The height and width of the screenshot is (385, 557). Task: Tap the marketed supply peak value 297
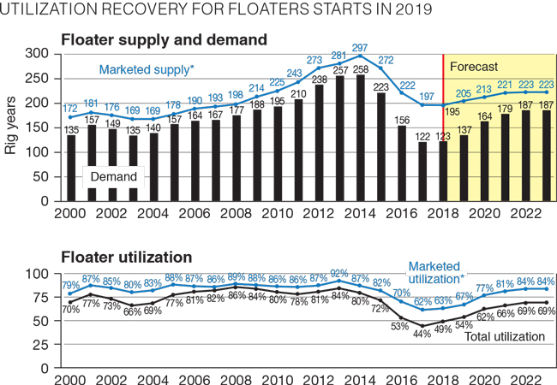tap(360, 47)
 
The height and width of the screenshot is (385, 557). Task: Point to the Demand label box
tap(114, 175)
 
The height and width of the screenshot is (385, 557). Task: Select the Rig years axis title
tap(11, 128)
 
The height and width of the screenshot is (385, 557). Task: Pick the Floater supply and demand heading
tap(164, 39)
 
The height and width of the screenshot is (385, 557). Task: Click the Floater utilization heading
tap(126, 256)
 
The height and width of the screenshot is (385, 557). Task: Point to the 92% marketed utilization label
tap(339, 274)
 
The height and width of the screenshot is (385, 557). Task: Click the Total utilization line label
tap(504, 337)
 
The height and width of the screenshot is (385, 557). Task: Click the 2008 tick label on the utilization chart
tap(235, 379)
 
